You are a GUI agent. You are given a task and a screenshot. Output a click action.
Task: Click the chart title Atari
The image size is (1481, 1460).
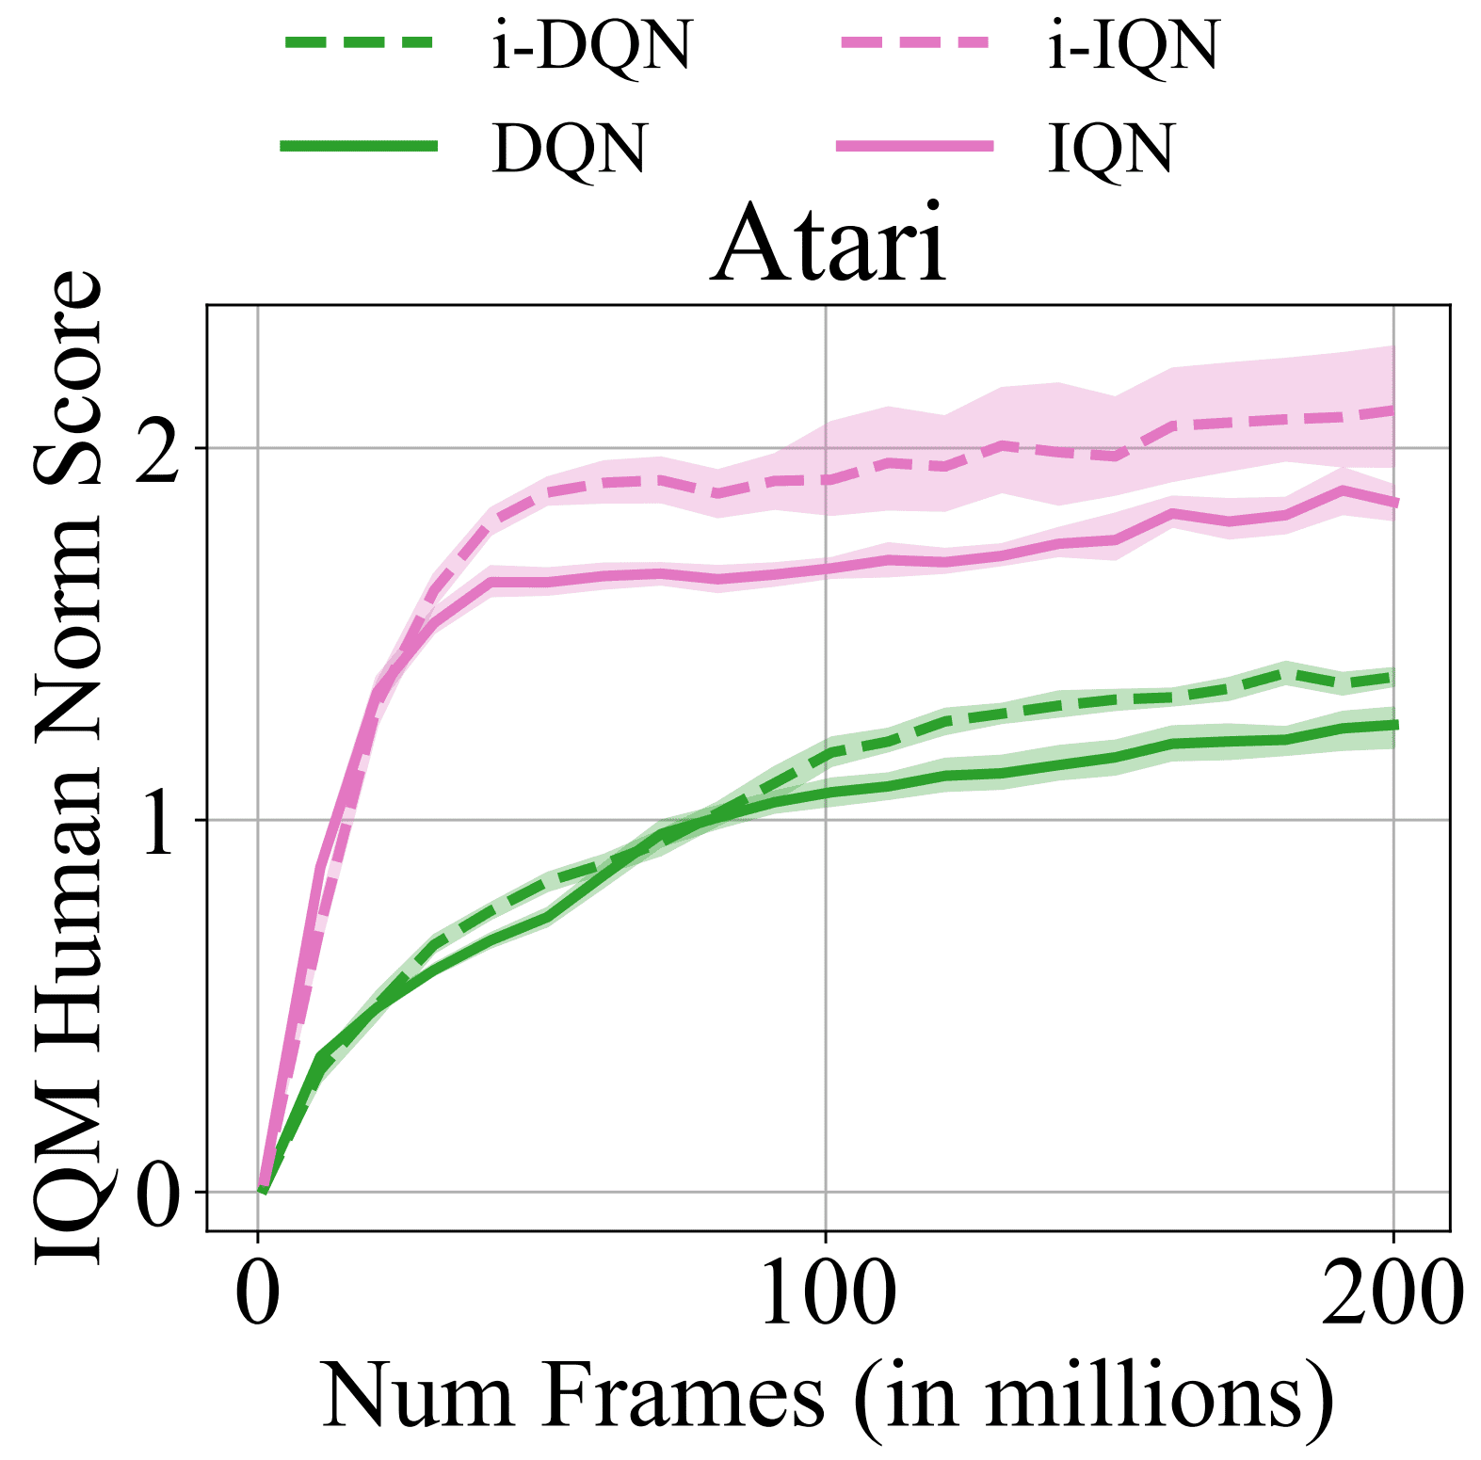829,245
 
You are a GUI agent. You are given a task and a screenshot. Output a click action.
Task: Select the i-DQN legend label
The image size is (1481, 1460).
591,45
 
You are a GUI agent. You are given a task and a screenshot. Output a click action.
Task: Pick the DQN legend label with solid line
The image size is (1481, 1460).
570,148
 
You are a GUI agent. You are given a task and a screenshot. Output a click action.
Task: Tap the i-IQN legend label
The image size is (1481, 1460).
1134,45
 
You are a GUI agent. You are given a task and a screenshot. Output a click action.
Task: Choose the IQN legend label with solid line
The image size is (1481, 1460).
1111,148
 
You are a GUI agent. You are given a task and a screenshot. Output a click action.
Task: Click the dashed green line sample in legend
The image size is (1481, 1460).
359,42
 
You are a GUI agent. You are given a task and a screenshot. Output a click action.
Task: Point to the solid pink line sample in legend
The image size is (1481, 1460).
914,145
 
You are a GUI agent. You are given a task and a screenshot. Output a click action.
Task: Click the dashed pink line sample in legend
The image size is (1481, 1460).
914,42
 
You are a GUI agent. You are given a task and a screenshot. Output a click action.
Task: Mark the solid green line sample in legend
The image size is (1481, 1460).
359,145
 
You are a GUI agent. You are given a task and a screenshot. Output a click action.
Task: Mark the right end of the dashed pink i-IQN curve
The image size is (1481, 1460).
1392,410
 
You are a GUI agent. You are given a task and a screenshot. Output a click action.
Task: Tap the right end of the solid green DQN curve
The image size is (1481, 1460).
1392,725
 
